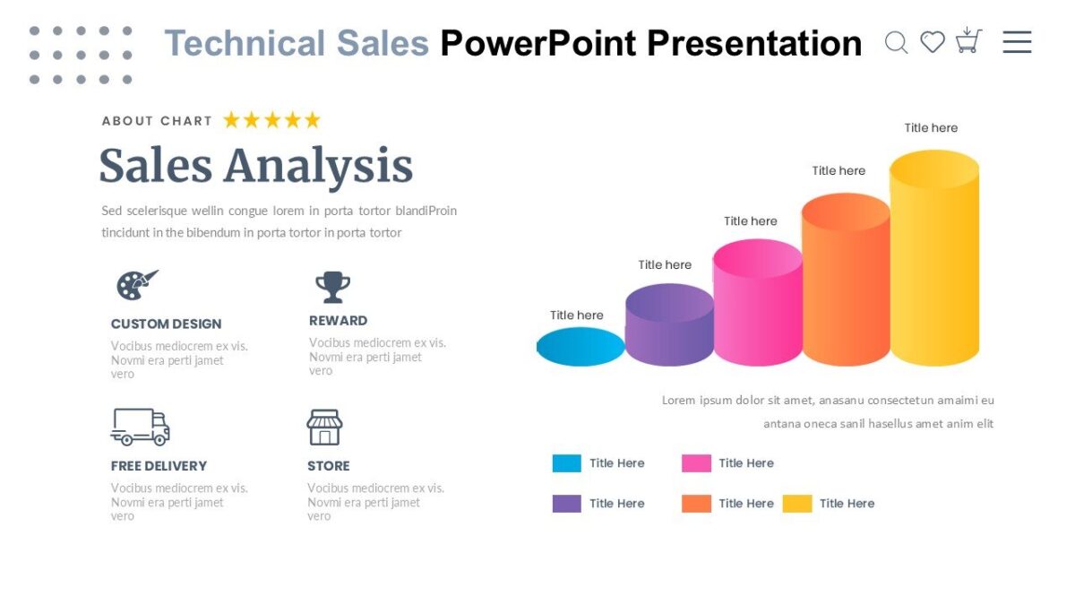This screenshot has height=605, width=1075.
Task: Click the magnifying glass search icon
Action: point(896,42)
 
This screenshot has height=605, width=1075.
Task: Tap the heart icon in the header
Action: point(933,42)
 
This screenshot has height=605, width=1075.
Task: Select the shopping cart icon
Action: point(968,40)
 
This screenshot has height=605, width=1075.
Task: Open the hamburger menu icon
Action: point(1017,42)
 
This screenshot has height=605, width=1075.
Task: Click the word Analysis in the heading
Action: point(318,167)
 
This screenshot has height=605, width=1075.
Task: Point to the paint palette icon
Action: point(136,285)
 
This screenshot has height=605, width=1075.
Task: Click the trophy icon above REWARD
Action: point(332,287)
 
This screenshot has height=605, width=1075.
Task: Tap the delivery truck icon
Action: point(141,427)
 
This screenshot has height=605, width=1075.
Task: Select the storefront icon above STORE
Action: point(324,428)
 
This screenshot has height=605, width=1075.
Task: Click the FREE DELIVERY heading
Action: point(159,466)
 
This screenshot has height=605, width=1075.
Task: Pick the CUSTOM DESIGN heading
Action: point(166,324)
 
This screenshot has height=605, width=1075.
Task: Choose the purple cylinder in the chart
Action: point(669,327)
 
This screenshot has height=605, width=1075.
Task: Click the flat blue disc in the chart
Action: point(580,347)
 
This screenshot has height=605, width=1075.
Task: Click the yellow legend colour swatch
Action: point(797,504)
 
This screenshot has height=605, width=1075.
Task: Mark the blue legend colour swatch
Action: point(566,463)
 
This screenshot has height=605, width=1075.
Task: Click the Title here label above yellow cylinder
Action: point(931,128)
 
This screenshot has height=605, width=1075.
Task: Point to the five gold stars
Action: point(271,120)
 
